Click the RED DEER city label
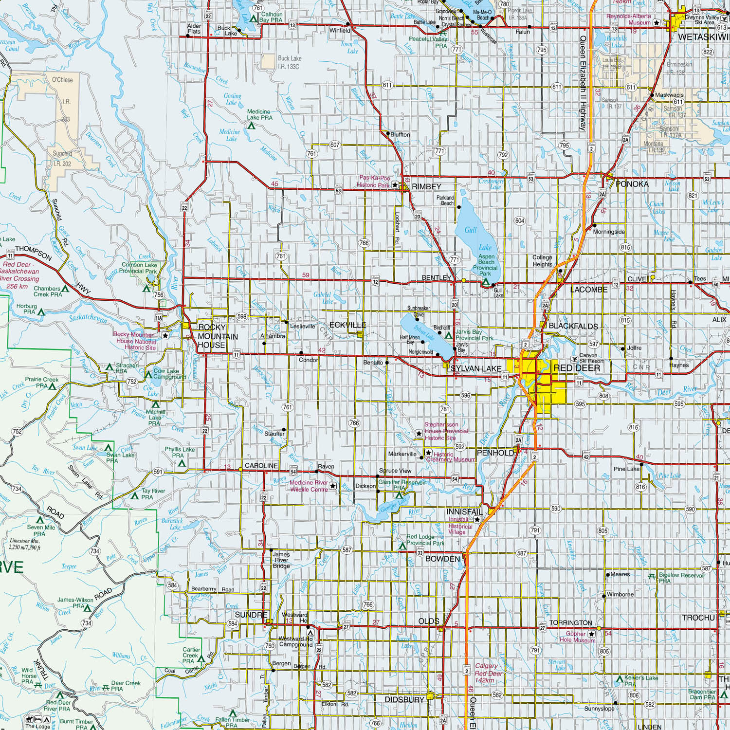tap(577, 368)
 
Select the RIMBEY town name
tap(426, 187)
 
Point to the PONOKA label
tap(632, 184)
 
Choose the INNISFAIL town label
tap(464, 512)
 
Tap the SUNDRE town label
tap(251, 615)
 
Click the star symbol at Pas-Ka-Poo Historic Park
tap(395, 185)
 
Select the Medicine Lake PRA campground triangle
tap(251, 126)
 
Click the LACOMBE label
tap(589, 290)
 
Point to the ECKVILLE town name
tap(347, 325)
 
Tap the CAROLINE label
tap(261, 466)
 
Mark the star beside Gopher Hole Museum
tap(592, 634)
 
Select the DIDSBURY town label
tap(404, 699)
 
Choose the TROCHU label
tap(698, 618)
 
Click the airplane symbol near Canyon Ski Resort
tap(575, 359)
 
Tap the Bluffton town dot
tap(387, 134)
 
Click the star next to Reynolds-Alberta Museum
tap(657, 22)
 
